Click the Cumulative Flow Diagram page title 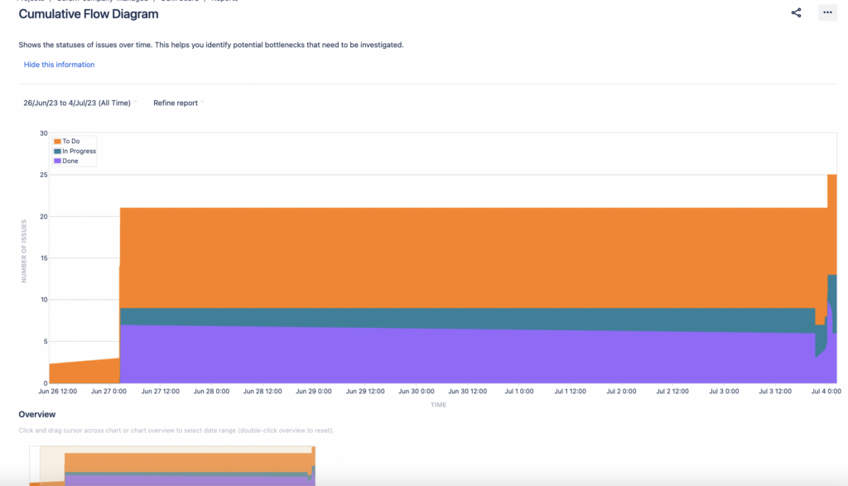click(89, 14)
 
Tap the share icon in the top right click(796, 12)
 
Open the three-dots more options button click(826, 12)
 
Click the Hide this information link click(59, 65)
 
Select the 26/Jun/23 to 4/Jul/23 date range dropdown click(78, 103)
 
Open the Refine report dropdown click(177, 103)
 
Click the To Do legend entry click(71, 142)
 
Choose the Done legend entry click(70, 161)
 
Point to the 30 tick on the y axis click(43, 132)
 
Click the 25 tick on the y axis click(43, 175)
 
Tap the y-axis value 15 click(43, 258)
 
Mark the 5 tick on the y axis click(45, 341)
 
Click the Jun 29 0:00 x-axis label click(313, 391)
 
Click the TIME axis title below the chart click(438, 405)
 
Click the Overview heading click(37, 415)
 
